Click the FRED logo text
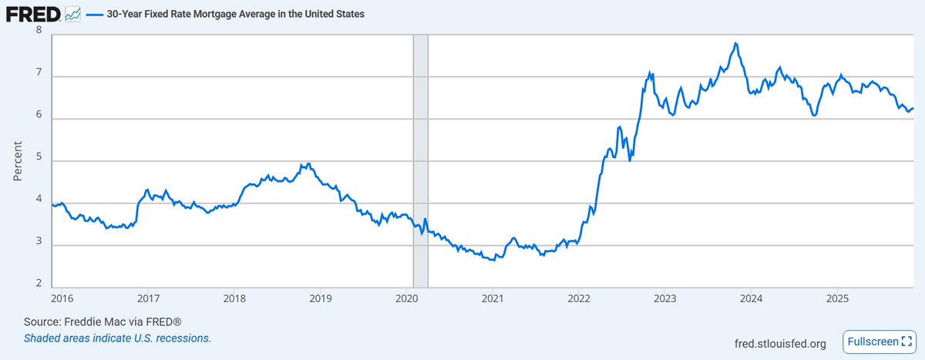32,14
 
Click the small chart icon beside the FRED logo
73,14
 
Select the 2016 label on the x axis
63,298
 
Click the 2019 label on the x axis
320,298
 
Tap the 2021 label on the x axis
493,298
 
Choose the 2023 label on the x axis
665,298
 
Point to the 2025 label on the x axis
837,298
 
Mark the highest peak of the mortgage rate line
737,43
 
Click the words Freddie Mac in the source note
87,321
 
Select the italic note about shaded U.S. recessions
117,338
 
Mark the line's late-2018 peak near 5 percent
308,163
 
